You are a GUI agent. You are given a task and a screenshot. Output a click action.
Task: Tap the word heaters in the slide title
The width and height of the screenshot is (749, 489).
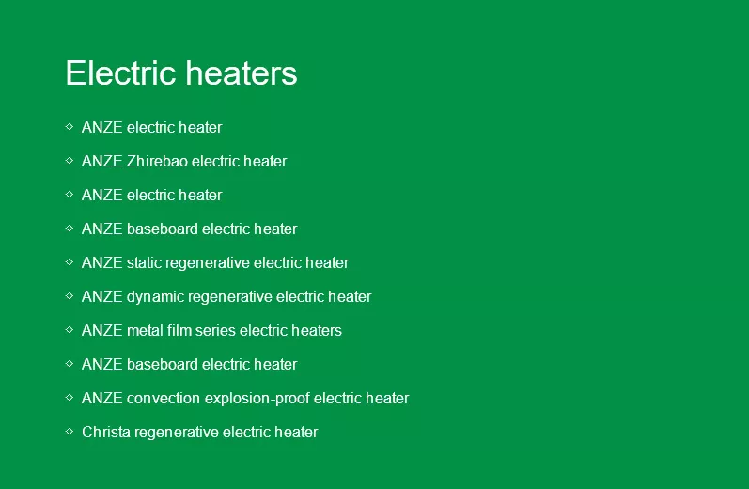(x=242, y=73)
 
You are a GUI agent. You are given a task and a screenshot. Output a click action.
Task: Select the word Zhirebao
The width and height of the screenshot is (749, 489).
(x=157, y=161)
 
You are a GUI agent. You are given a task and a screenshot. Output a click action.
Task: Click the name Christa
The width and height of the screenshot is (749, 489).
(x=106, y=433)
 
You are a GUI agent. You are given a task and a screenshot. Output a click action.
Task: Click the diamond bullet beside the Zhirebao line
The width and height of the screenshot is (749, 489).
(x=70, y=161)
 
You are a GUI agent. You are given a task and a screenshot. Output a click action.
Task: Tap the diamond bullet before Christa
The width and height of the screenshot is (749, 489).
(x=70, y=431)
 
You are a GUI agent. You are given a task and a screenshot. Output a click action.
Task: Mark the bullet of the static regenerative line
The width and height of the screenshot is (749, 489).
(x=70, y=262)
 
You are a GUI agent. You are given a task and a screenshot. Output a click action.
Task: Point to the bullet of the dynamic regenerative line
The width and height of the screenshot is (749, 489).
(x=70, y=296)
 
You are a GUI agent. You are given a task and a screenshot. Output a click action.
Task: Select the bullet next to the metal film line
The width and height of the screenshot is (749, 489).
(x=70, y=330)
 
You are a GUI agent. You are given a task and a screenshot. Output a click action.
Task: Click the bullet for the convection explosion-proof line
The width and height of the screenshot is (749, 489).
(x=70, y=397)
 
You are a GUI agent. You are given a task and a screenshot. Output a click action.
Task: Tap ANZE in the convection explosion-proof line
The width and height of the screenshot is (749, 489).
(x=102, y=398)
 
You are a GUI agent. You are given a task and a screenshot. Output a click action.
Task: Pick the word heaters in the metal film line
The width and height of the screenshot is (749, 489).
(x=317, y=330)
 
